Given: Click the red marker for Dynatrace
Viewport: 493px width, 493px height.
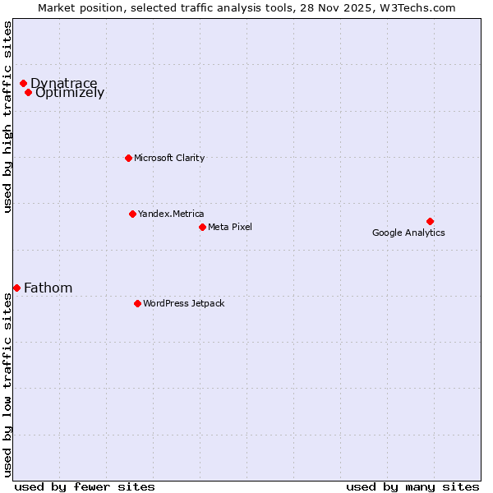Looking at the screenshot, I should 24,83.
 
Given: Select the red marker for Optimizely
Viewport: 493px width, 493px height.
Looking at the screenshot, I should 28,92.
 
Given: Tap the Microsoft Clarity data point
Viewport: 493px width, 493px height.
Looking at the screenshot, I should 128,158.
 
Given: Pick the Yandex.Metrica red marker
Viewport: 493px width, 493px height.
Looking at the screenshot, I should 132,214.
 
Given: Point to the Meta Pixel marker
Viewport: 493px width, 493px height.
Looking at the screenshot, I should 202,227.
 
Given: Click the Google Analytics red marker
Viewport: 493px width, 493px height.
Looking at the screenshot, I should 430,221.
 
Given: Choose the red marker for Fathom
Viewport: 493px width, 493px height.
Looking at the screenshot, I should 16,288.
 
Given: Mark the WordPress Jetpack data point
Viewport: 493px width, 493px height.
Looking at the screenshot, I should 137,303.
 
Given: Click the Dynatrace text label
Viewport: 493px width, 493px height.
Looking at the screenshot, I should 63,83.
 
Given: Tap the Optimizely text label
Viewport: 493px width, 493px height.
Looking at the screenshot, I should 70,93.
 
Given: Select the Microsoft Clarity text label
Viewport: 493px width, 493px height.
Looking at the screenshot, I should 169,158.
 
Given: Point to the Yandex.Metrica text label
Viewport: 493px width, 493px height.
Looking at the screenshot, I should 171,214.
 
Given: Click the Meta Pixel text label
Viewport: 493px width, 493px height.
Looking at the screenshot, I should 230,227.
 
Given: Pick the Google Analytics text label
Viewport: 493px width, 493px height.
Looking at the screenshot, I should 408,233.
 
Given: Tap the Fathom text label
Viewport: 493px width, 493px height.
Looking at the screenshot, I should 48,288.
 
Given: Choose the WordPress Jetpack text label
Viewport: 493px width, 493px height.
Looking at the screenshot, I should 183,303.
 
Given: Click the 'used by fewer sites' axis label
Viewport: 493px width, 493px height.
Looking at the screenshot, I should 85,486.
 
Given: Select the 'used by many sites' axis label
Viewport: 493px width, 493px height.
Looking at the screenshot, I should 412,486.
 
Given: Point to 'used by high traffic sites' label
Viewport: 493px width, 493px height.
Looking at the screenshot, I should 7,117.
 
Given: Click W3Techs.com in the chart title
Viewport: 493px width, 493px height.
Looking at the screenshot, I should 417,7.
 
